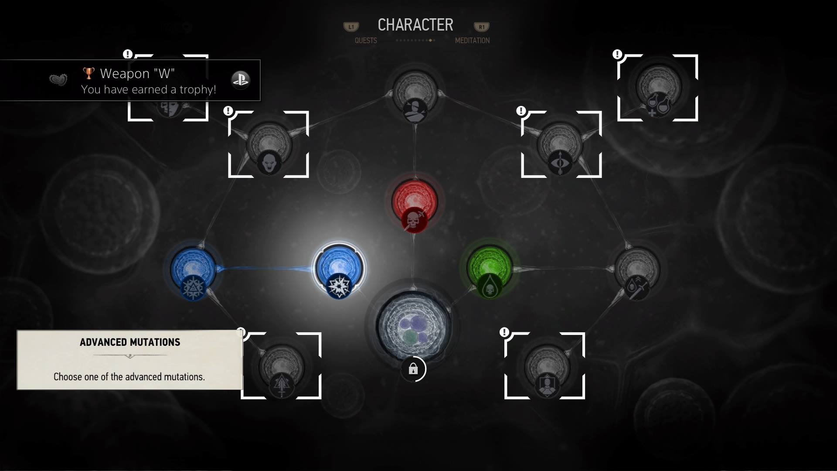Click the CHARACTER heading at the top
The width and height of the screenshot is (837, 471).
click(x=415, y=25)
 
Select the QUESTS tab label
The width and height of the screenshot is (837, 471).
click(x=366, y=41)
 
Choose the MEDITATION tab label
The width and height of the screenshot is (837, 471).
click(x=472, y=41)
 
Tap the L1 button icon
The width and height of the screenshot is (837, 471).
click(x=351, y=27)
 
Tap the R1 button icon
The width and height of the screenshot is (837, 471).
click(x=482, y=27)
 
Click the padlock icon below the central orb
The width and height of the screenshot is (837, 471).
click(x=413, y=370)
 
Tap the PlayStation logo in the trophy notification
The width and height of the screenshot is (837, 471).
click(x=240, y=80)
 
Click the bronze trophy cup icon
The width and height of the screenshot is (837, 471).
click(x=88, y=73)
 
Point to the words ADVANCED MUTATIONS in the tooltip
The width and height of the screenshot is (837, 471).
click(x=130, y=342)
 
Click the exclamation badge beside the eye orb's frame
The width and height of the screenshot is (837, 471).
click(x=521, y=111)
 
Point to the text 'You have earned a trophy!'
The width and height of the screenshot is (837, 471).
click(x=149, y=89)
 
